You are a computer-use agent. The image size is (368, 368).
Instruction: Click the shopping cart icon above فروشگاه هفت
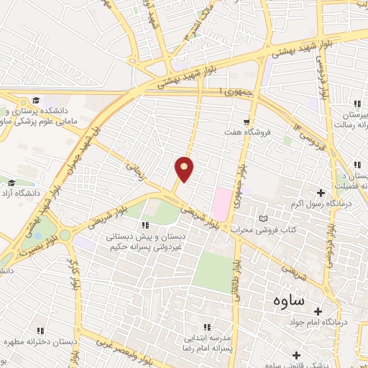(247, 122)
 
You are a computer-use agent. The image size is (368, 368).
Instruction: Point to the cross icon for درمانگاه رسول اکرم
(320, 192)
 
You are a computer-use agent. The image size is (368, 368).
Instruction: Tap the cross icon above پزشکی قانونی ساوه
(296, 354)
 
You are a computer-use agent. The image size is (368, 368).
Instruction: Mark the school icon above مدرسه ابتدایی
(208, 326)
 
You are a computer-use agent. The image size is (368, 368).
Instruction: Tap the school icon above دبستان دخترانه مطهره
(40, 331)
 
